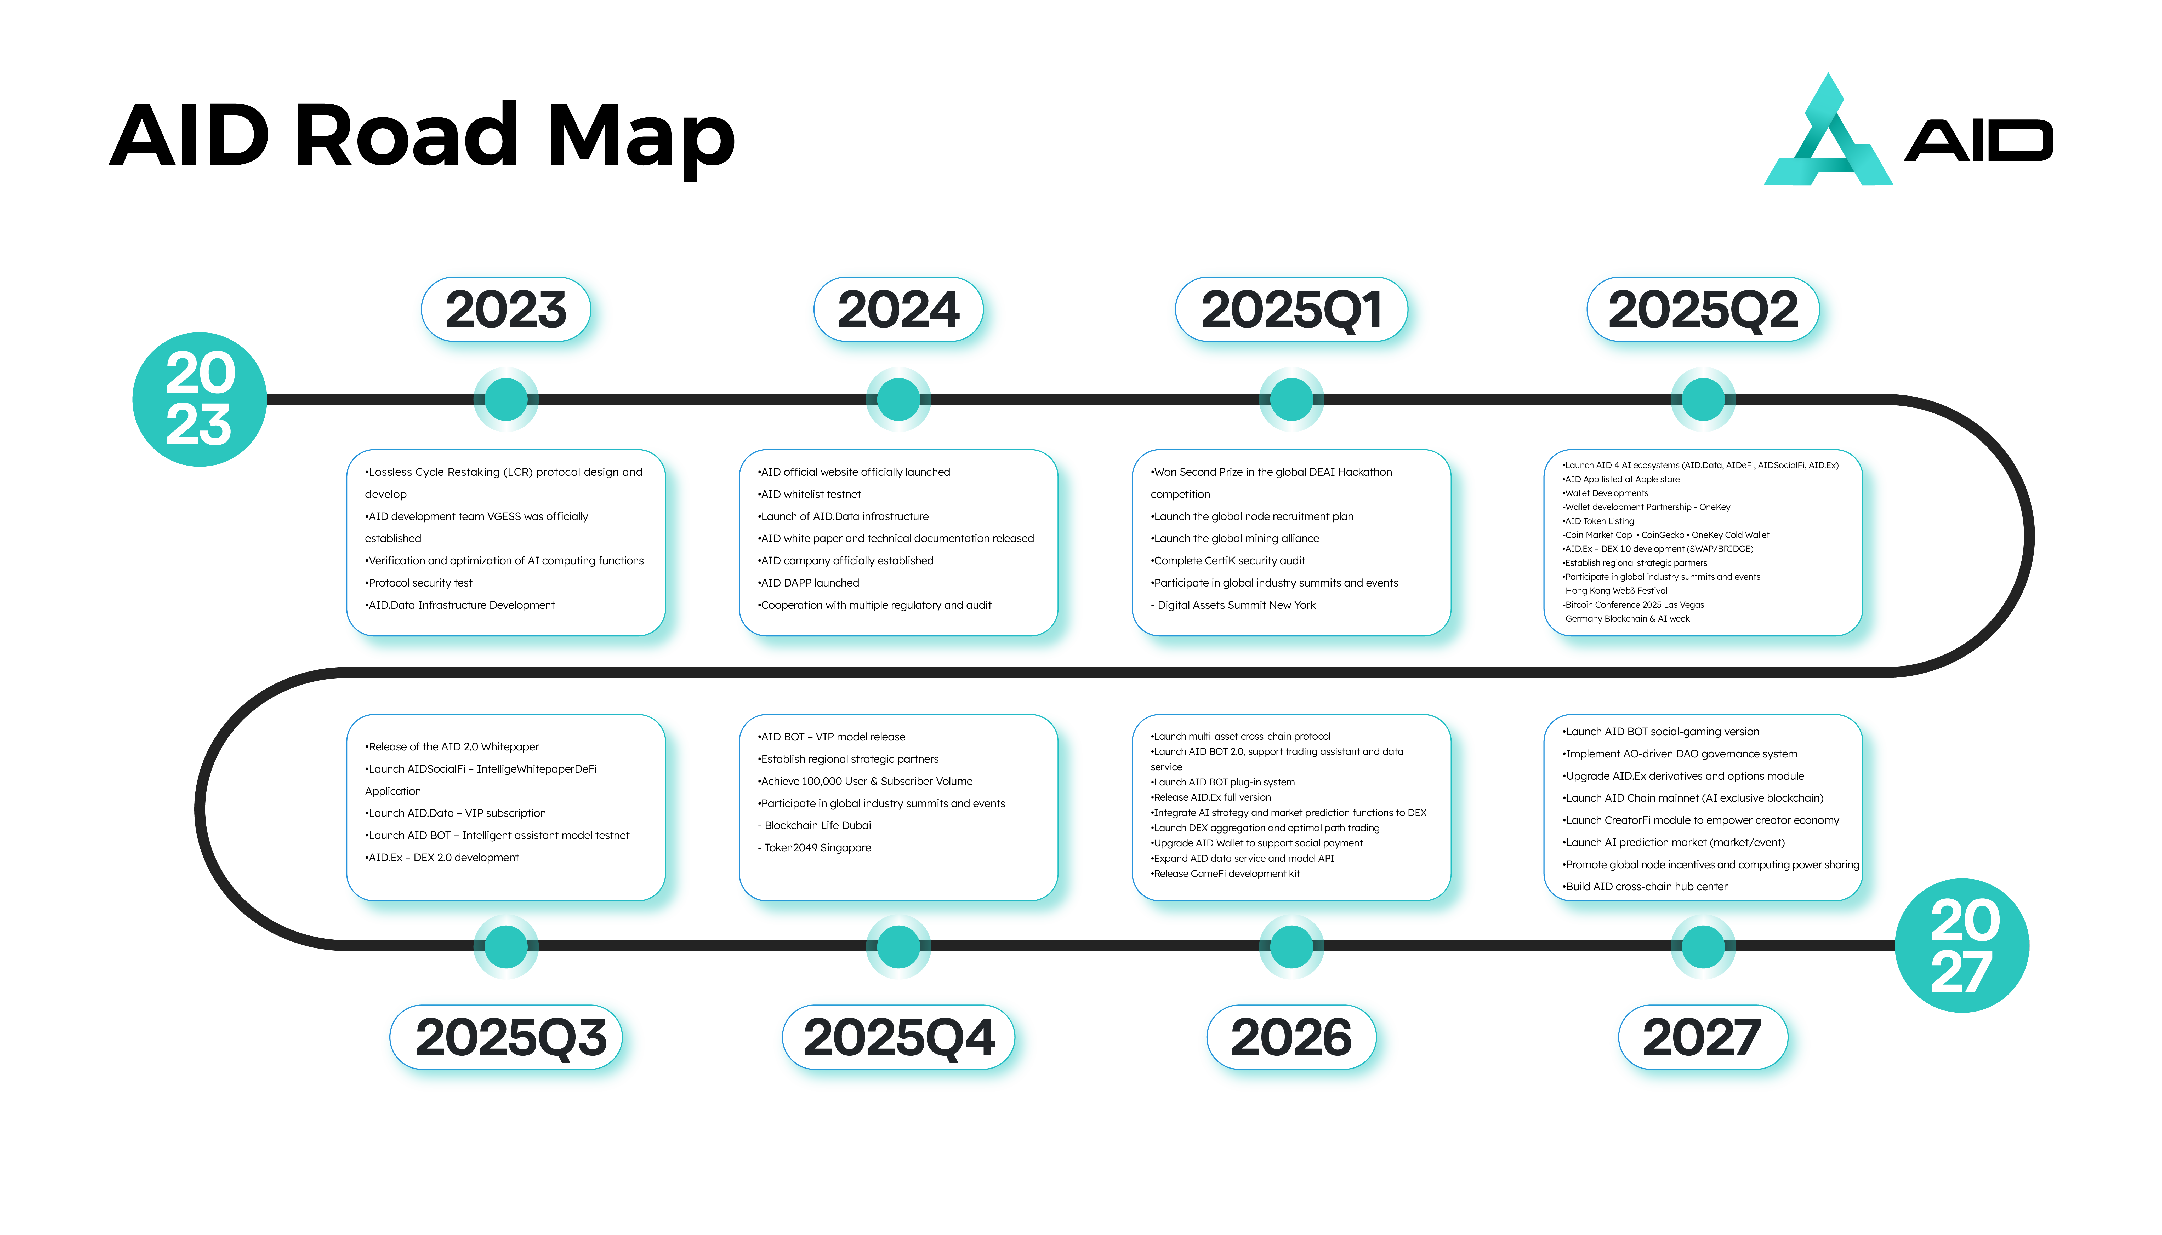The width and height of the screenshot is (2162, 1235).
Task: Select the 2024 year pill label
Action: pyautogui.click(x=898, y=309)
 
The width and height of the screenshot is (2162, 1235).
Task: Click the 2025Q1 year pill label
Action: pyautogui.click(x=1291, y=309)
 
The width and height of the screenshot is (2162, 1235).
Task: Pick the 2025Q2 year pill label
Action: pyautogui.click(x=1703, y=309)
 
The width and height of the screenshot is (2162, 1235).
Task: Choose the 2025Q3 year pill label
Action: pyautogui.click(x=507, y=1037)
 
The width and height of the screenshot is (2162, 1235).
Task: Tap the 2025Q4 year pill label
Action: pyautogui.click(x=898, y=1037)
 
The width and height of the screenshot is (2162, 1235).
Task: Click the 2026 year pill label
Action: pyautogui.click(x=1291, y=1037)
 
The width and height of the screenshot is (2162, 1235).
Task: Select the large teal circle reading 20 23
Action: pyautogui.click(x=200, y=399)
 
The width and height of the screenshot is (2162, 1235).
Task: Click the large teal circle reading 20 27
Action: pyautogui.click(x=1962, y=945)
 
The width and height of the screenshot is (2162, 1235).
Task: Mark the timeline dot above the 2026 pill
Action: pyautogui.click(x=1291, y=946)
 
